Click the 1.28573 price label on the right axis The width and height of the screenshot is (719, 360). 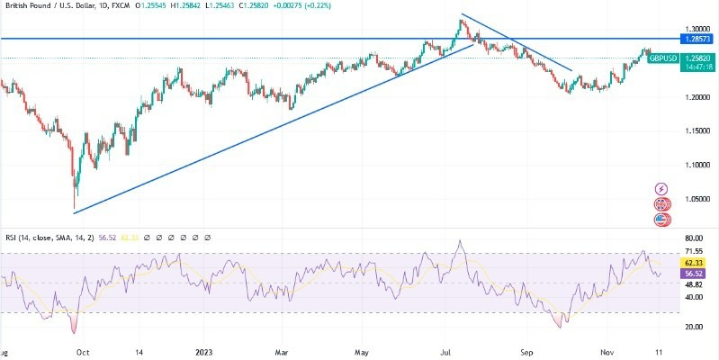(697, 40)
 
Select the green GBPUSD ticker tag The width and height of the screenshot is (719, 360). (662, 57)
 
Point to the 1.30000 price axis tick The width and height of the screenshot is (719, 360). (697, 29)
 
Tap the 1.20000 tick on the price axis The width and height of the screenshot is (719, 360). (697, 97)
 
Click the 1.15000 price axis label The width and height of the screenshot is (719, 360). (697, 131)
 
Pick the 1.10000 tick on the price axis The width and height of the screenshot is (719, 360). (697, 166)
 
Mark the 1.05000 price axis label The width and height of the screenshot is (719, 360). (697, 199)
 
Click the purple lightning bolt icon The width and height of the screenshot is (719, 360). (662, 189)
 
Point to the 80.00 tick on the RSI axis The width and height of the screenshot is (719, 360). (695, 238)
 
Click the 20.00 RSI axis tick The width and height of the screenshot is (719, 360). (695, 328)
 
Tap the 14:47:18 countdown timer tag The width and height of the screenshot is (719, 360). (697, 67)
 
